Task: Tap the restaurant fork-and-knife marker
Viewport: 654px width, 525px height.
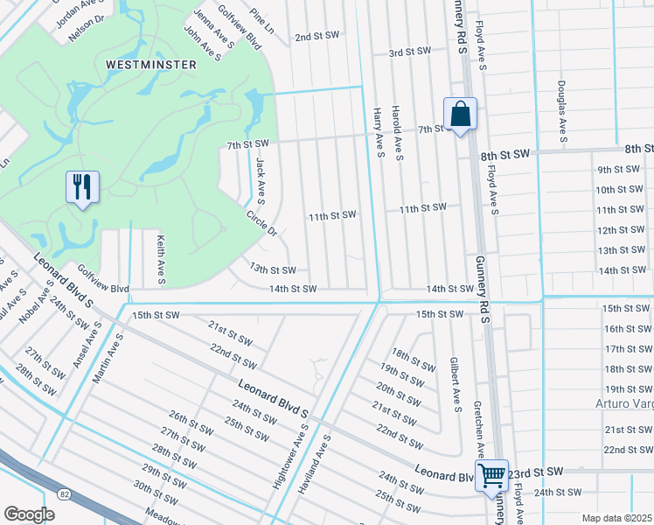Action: [x=82, y=186]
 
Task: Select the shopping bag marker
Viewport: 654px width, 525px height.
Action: [x=459, y=114]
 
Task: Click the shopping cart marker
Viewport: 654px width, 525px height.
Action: [x=492, y=476]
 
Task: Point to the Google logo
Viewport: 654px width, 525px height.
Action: [x=29, y=514]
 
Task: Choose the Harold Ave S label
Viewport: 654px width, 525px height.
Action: [x=398, y=132]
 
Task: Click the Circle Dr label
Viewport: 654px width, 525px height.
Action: [x=261, y=223]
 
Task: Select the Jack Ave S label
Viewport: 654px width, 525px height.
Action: [x=261, y=176]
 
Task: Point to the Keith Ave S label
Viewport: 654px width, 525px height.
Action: [x=160, y=258]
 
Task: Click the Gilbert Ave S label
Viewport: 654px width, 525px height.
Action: [x=455, y=382]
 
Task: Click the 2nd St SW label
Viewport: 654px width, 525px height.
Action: [x=316, y=37]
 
